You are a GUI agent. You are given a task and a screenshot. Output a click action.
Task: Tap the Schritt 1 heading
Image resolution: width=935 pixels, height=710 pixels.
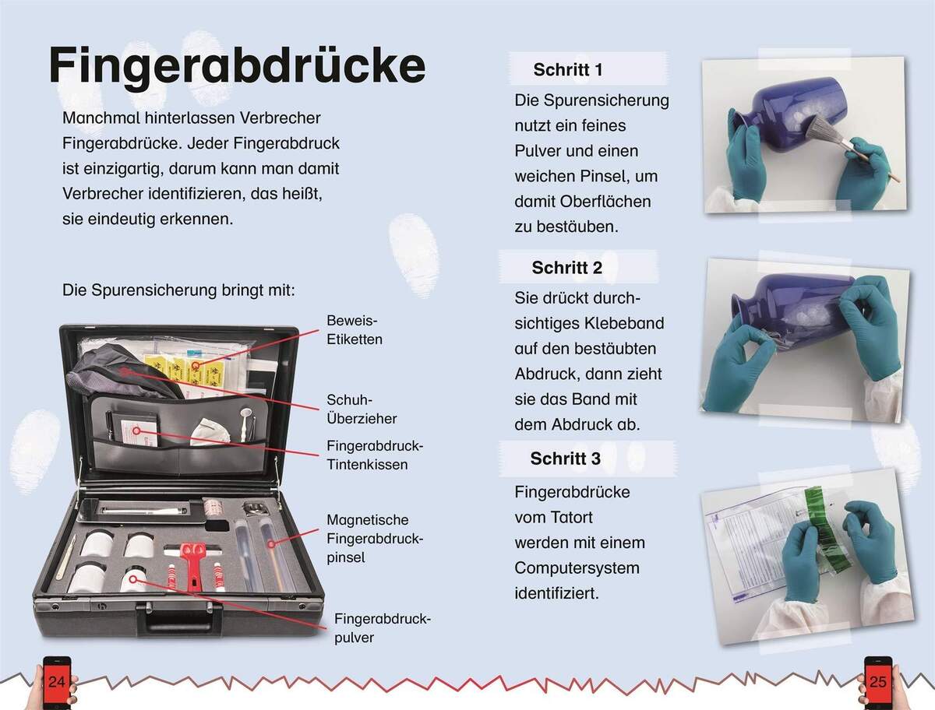(x=568, y=70)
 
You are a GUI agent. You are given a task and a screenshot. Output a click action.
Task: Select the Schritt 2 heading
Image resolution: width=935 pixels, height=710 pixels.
(x=567, y=268)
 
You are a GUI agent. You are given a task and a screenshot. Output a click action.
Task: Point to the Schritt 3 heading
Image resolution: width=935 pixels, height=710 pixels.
(x=565, y=459)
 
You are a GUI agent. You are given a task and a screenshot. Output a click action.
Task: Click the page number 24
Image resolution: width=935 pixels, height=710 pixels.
(x=57, y=682)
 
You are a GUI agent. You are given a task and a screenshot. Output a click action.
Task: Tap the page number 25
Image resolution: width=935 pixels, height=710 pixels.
(x=878, y=682)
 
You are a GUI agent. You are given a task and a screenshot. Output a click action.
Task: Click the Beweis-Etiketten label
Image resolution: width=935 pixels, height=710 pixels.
(x=355, y=329)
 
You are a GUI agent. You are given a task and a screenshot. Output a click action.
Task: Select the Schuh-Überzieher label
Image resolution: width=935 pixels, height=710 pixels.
(x=362, y=409)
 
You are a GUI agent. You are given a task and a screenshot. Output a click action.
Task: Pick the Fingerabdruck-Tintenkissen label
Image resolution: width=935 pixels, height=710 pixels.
(x=375, y=455)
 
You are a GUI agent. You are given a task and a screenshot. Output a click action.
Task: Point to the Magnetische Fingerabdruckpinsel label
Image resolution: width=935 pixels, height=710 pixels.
(x=375, y=538)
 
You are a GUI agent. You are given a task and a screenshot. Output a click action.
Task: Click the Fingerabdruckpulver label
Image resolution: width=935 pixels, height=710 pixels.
(x=383, y=628)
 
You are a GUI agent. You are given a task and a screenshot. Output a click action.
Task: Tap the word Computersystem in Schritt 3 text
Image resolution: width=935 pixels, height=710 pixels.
(x=577, y=568)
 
